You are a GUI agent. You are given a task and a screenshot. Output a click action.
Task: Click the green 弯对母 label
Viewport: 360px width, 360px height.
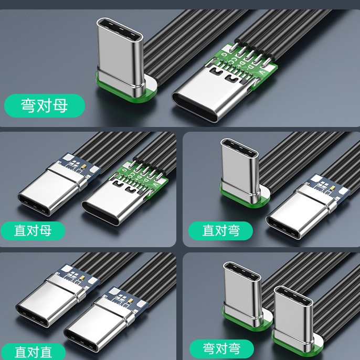click(x=45, y=105)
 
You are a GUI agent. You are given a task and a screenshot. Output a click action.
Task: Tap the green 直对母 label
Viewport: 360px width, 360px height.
click(x=33, y=231)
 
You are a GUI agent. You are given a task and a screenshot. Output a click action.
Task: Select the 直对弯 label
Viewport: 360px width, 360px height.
click(x=220, y=231)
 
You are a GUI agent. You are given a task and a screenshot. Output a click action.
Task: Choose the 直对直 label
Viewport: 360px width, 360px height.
click(x=33, y=352)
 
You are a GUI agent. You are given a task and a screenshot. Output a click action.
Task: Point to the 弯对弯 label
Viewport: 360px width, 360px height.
click(x=221, y=348)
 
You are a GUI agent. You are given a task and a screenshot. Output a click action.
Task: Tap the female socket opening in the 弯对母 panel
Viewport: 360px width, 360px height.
click(x=195, y=108)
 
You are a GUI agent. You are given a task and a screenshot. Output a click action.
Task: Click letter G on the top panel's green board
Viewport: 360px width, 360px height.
click(x=224, y=55)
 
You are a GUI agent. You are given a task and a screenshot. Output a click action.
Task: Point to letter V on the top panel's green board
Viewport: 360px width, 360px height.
click(x=261, y=72)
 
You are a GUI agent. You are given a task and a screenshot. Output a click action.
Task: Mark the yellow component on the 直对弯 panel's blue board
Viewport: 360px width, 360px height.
click(x=332, y=188)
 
